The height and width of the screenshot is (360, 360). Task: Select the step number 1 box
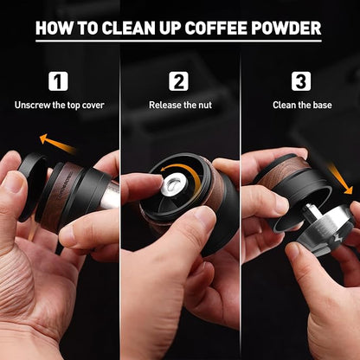[x=58, y=81]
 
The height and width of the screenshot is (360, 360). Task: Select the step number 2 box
[x=179, y=81]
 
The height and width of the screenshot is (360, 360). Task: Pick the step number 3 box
[x=300, y=81]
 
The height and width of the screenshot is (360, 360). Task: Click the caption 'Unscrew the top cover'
[x=58, y=105]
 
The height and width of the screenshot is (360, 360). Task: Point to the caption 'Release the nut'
[x=179, y=105]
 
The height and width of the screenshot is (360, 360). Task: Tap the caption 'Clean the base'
[x=300, y=105]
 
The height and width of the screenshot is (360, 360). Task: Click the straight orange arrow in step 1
[x=58, y=144]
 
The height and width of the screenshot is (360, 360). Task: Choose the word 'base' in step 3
[x=321, y=105]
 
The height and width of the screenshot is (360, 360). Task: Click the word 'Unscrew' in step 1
[x=34, y=105]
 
